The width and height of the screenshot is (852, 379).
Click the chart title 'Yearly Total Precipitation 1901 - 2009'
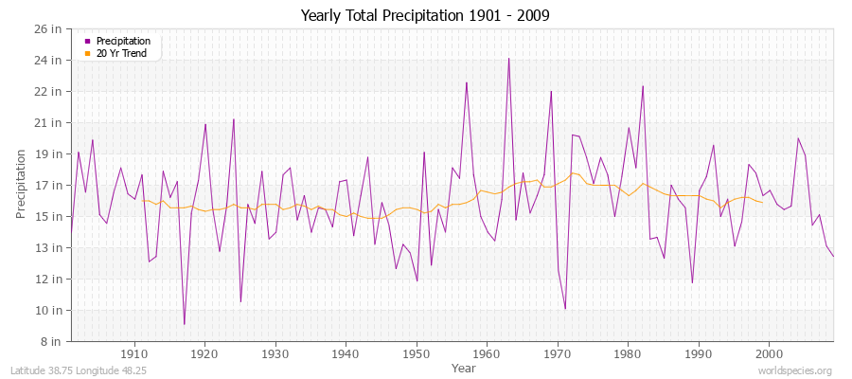pos(425,16)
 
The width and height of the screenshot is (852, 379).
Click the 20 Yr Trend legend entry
pos(122,53)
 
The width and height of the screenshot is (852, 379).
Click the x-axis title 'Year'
pos(463,367)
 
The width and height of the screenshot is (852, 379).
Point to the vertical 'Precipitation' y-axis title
pos(21,185)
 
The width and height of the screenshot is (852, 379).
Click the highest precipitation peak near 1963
pos(508,59)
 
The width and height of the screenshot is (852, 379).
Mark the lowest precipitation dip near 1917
pos(184,324)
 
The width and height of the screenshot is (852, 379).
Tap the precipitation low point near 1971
pos(565,309)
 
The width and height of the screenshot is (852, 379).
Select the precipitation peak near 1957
pos(466,82)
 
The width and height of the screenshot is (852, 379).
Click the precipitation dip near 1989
pos(692,282)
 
